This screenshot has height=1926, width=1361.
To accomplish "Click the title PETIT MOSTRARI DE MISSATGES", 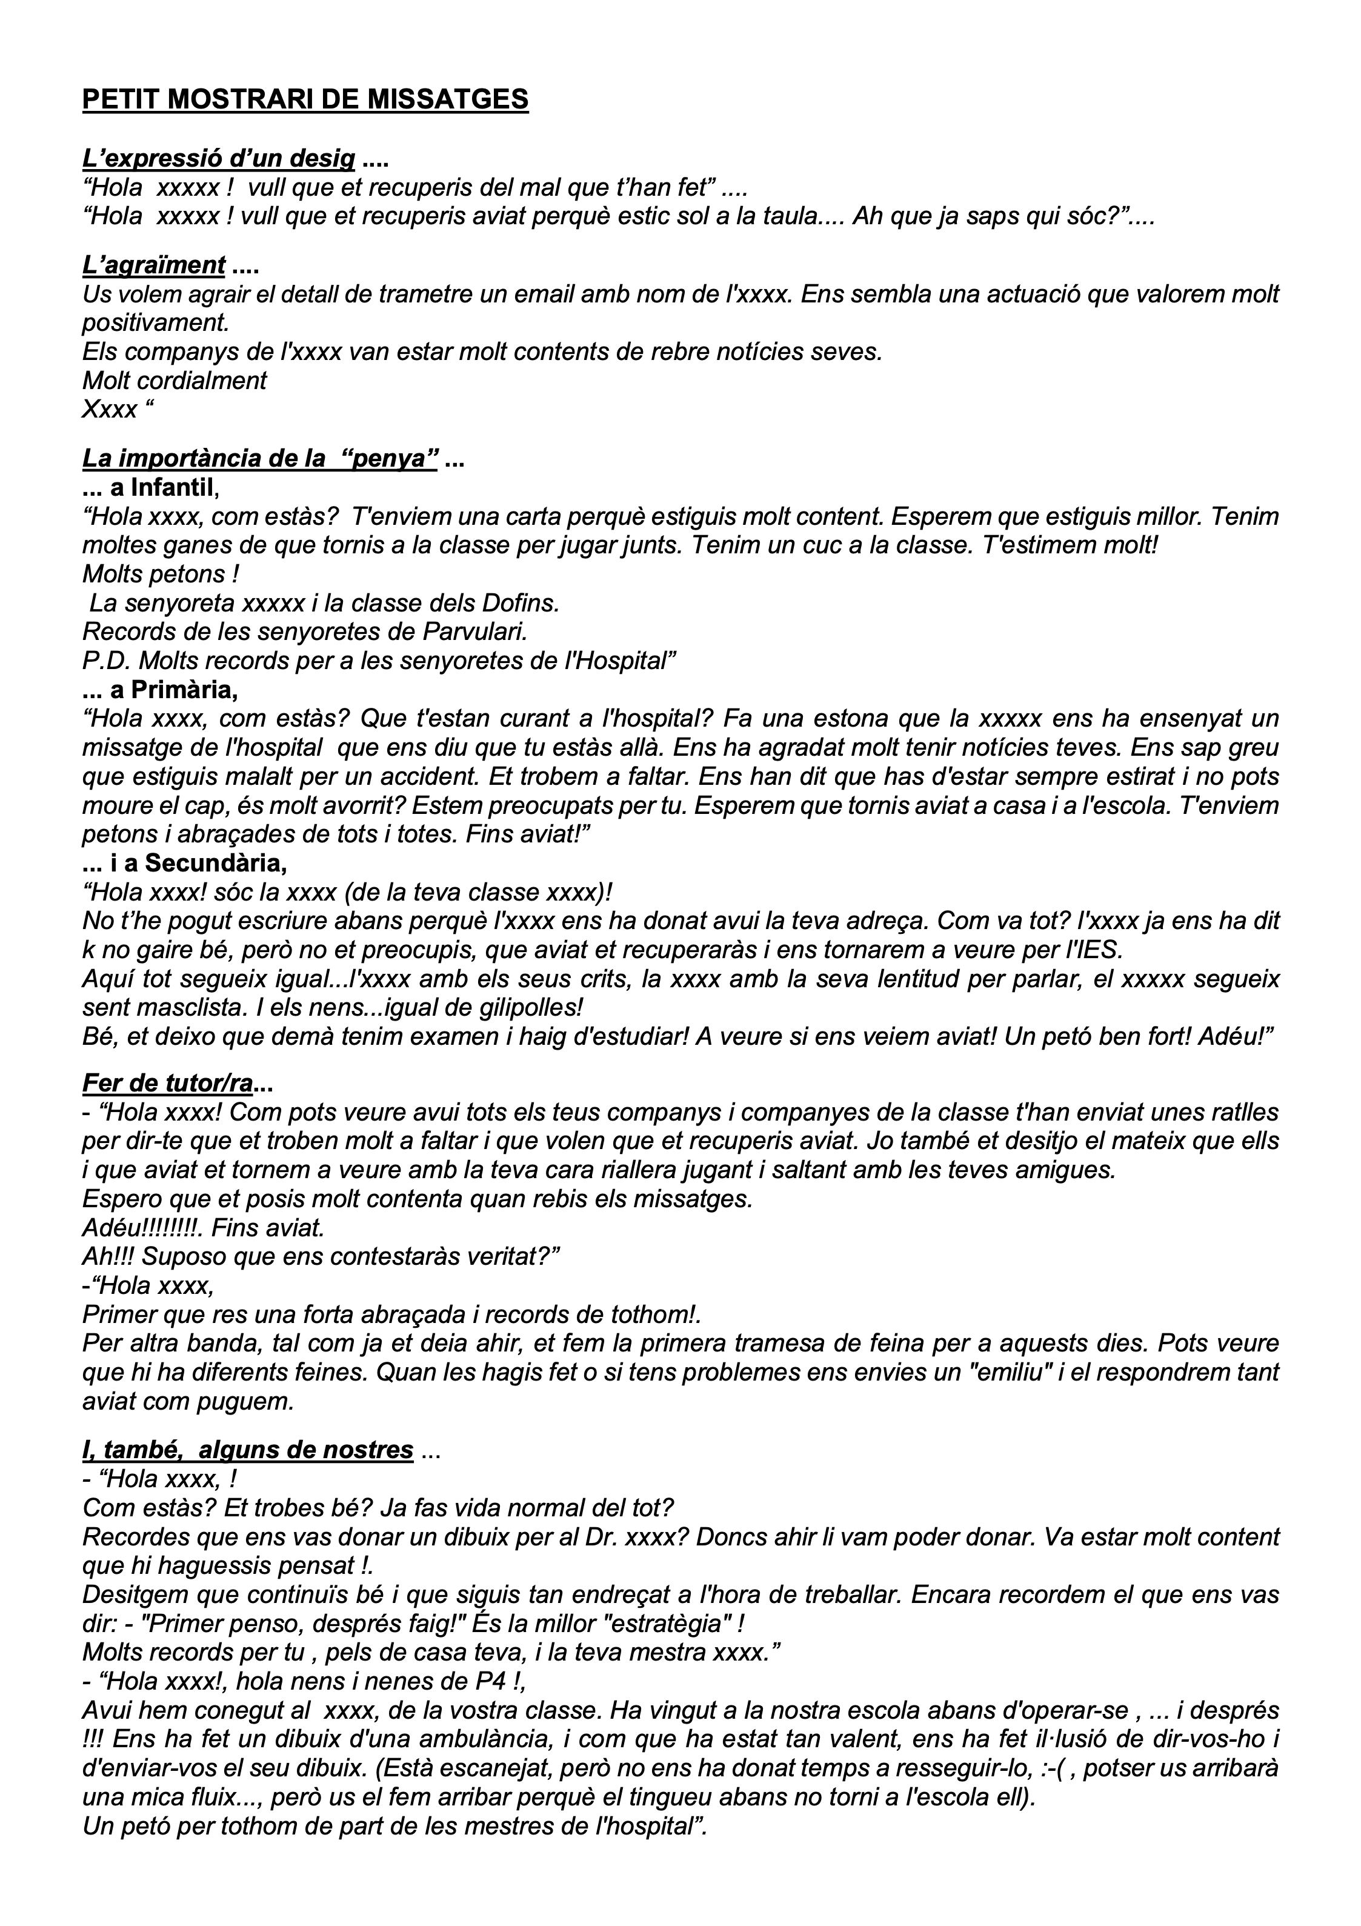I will point(305,100).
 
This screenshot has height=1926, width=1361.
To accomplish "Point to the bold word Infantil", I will point(173,487).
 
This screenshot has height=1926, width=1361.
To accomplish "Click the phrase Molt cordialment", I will point(175,381).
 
